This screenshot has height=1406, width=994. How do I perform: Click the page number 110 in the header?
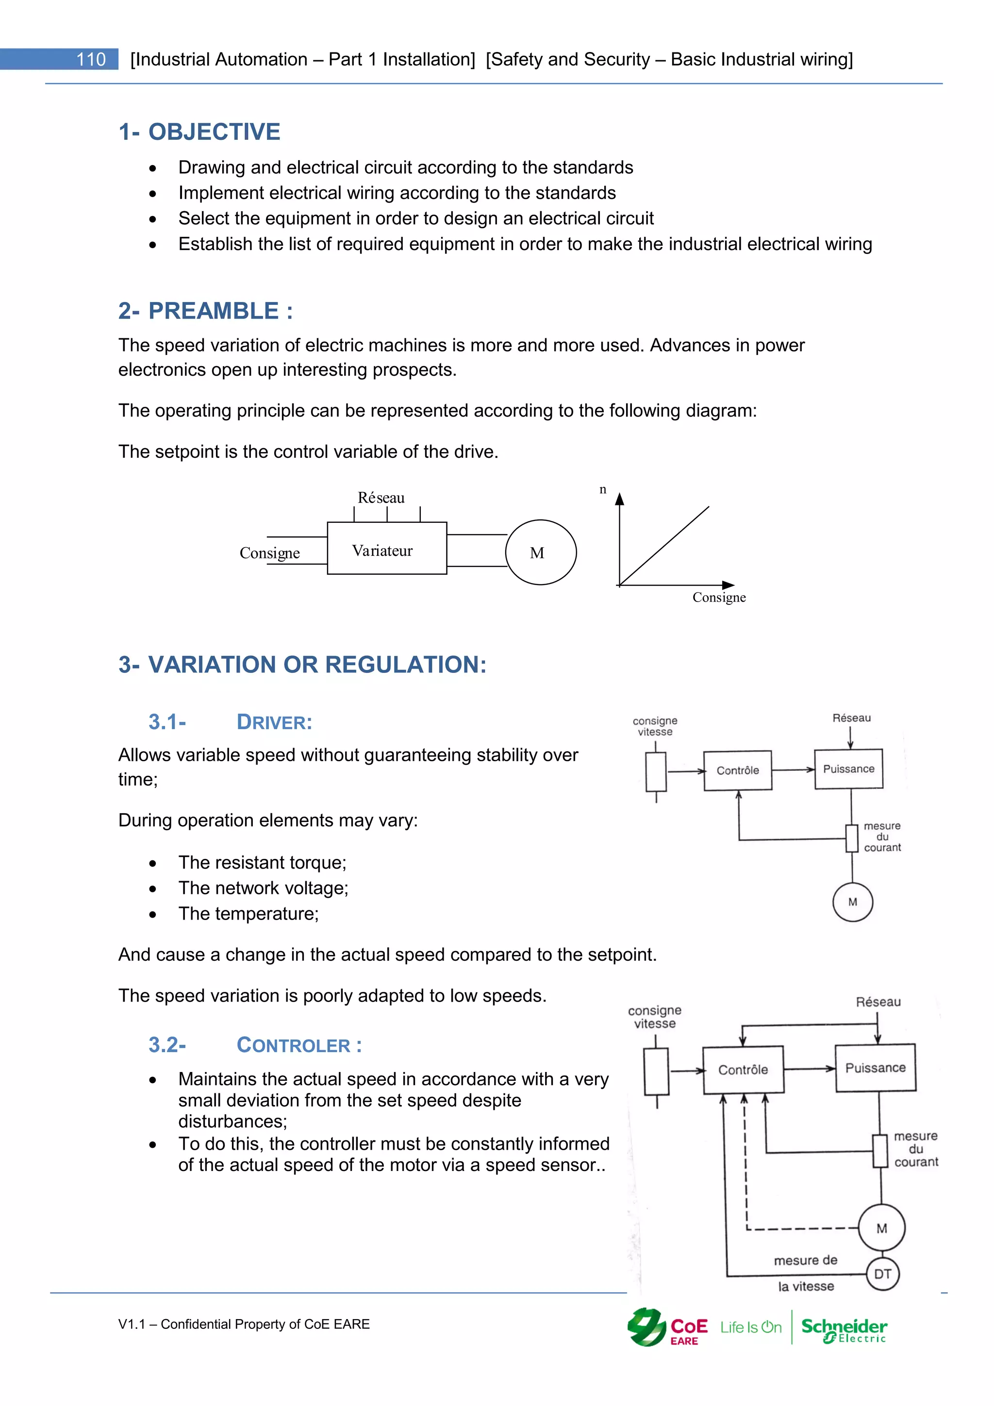pyautogui.click(x=91, y=59)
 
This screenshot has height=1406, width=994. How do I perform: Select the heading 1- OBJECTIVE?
pyautogui.click(x=199, y=132)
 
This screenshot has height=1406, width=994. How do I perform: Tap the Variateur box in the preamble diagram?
pyautogui.click(x=386, y=549)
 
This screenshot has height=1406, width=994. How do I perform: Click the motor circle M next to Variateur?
pyautogui.click(x=541, y=552)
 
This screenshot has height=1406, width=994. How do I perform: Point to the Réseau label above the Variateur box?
pyautogui.click(x=381, y=498)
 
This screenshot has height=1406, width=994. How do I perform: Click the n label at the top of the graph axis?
pyautogui.click(x=603, y=489)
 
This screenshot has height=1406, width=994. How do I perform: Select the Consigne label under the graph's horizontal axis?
pyautogui.click(x=719, y=598)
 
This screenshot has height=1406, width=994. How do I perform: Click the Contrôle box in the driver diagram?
pyautogui.click(x=738, y=770)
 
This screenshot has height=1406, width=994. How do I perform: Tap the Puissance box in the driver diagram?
pyautogui.click(x=848, y=769)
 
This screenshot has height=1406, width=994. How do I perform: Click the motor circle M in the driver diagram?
pyautogui.click(x=853, y=902)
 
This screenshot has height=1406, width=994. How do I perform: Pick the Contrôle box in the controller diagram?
pyautogui.click(x=743, y=1070)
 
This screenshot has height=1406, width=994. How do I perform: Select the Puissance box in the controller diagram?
pyautogui.click(x=875, y=1068)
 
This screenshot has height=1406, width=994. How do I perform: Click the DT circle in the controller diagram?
pyautogui.click(x=882, y=1274)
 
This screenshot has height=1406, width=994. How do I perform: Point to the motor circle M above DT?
pyautogui.click(x=881, y=1228)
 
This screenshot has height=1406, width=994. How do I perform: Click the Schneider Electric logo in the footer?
pyautogui.click(x=845, y=1329)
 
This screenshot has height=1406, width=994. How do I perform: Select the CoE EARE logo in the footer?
pyautogui.click(x=667, y=1328)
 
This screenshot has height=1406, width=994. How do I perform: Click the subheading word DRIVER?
pyautogui.click(x=274, y=722)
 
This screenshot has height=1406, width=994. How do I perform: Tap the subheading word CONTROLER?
pyautogui.click(x=294, y=1045)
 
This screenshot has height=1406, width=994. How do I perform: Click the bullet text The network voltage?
pyautogui.click(x=263, y=888)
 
